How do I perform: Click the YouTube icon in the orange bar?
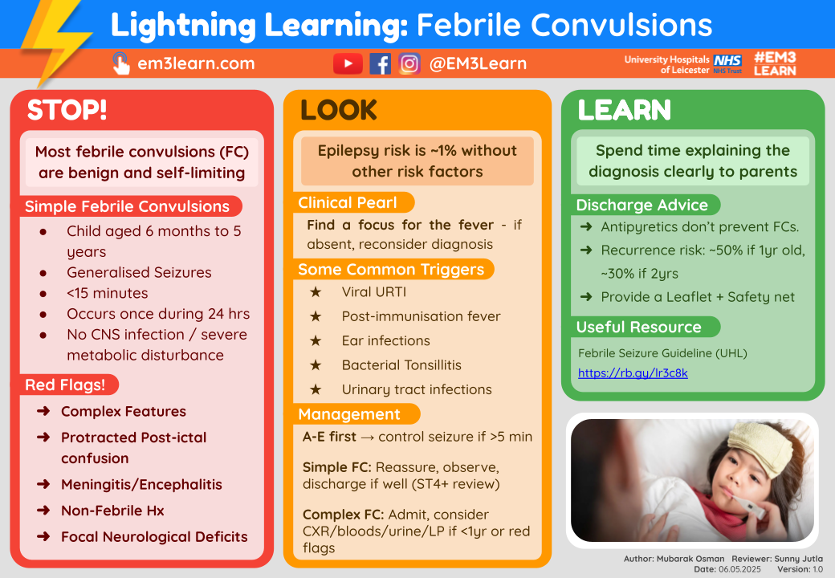pyautogui.click(x=348, y=63)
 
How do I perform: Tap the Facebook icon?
pyautogui.click(x=380, y=63)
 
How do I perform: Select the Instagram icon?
pyautogui.click(x=409, y=63)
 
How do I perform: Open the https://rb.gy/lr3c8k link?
pyautogui.click(x=633, y=373)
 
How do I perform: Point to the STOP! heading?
pyautogui.click(x=67, y=111)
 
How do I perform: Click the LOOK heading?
pyautogui.click(x=339, y=111)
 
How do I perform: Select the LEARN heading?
pyautogui.click(x=625, y=111)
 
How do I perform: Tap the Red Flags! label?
pyautogui.click(x=65, y=385)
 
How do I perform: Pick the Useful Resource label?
pyautogui.click(x=639, y=327)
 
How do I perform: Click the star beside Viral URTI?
pyautogui.click(x=316, y=292)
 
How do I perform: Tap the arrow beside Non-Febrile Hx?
pyautogui.click(x=43, y=511)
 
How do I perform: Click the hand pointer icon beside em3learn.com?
pyautogui.click(x=120, y=63)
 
